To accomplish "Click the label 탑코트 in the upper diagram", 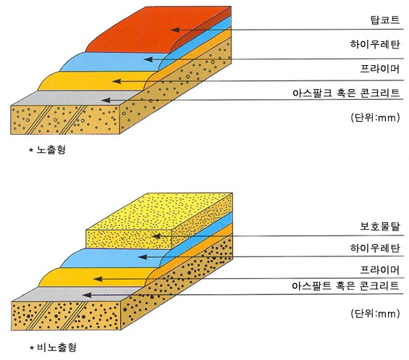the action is tap(385, 20).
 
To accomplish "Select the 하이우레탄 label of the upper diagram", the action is tap(375, 44).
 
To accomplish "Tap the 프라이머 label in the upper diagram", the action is tap(380, 69).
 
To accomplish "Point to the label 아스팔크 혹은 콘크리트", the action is tap(346, 93).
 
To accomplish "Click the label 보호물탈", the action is tap(380, 226).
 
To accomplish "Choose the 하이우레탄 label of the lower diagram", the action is tap(375, 248).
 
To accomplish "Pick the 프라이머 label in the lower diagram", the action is tap(380, 269).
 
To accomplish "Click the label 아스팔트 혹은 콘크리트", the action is tap(345, 286).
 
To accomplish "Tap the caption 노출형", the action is tap(51, 150).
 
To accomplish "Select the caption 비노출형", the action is tap(56, 347).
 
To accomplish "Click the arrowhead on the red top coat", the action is tap(175, 30).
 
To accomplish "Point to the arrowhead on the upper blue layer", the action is tap(148, 59).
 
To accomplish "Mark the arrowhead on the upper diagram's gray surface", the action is tap(106, 100).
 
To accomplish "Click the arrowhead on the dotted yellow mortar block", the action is tap(156, 236).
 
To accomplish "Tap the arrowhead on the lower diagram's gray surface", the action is tap(87, 295).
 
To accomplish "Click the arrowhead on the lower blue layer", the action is tap(143, 257).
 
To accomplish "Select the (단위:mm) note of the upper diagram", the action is tap(375, 117).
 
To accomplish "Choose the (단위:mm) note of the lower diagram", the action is tap(375, 313).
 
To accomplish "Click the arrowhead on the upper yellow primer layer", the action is tap(117, 81).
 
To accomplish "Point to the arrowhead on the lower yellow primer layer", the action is tap(98, 279).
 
